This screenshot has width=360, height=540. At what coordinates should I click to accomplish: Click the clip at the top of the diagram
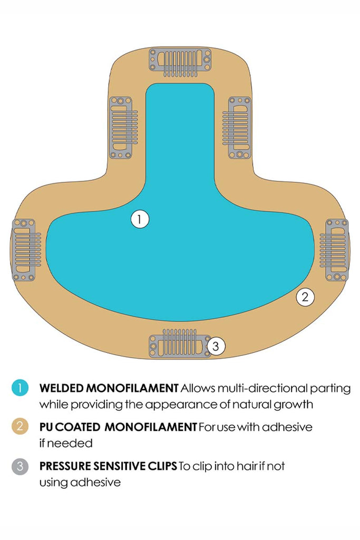tap(180, 63)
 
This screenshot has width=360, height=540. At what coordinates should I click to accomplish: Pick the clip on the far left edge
tap(24, 249)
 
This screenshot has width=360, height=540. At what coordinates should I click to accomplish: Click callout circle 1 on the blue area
tap(140, 219)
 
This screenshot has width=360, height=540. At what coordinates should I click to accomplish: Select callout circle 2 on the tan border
tap(305, 297)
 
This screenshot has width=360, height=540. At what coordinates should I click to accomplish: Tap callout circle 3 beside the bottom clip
tap(216, 346)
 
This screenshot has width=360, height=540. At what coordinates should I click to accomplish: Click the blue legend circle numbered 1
tap(20, 389)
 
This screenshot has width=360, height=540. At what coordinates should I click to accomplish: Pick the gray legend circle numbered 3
tap(20, 466)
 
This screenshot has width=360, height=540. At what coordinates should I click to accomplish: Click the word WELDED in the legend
tap(61, 389)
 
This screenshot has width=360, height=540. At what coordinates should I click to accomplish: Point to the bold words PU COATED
tap(69, 427)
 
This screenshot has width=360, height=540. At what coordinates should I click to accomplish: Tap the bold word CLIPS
tap(161, 466)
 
